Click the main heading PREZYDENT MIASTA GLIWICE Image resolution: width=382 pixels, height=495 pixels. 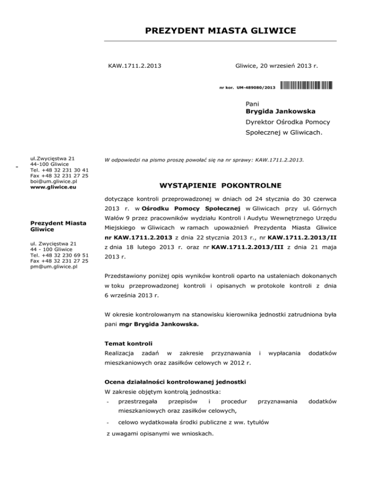coord(220,31)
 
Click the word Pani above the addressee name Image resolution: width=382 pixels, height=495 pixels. coord(254,103)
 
